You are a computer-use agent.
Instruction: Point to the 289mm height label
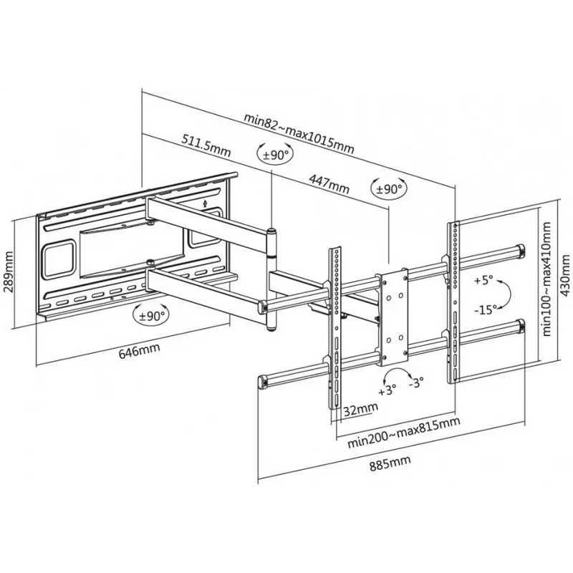(10, 267)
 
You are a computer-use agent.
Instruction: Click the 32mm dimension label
(361, 409)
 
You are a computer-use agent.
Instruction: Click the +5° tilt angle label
(483, 281)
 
